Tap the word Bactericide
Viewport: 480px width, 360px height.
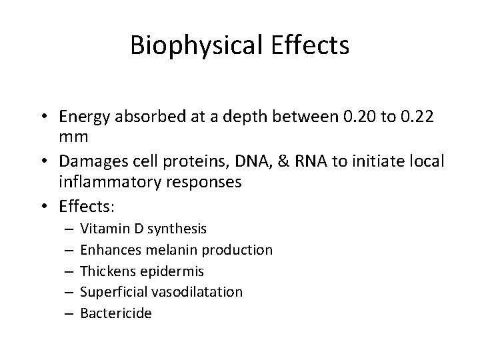(115, 313)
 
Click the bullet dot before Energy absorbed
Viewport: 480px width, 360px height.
(47, 118)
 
